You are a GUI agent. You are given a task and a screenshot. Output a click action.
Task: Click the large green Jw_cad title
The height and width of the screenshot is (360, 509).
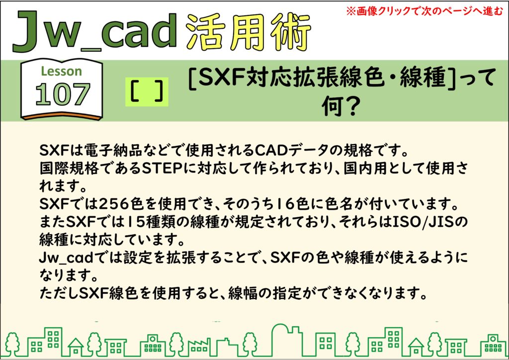point(94,32)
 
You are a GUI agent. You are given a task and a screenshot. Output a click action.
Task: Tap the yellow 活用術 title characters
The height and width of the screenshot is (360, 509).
point(249,32)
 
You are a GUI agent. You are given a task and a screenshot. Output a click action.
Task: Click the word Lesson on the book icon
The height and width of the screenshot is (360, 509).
point(61,71)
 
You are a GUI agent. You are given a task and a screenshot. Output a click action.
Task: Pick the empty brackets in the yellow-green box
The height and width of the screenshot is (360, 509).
point(147,92)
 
